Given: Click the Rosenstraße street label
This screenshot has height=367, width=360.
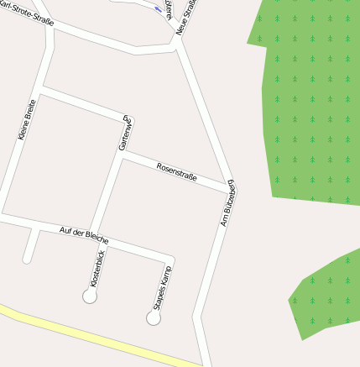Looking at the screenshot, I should [x=176, y=172].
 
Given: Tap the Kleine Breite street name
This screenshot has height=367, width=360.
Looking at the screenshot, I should [x=26, y=120].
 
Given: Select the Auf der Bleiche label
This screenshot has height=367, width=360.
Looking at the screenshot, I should [x=84, y=236].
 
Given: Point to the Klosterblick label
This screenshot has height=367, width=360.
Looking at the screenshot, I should [x=97, y=267].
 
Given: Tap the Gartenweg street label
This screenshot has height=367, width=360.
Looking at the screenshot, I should [x=126, y=133].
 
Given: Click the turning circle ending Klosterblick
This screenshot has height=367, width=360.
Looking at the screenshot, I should [x=90, y=296].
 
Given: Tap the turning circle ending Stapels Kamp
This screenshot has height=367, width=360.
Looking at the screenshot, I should [x=154, y=318].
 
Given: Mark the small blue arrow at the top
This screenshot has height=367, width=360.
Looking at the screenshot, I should [x=159, y=9].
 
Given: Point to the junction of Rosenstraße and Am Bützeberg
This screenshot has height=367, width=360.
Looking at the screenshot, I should [x=229, y=187].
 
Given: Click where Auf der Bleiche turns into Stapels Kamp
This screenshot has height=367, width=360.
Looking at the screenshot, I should [x=171, y=258].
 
